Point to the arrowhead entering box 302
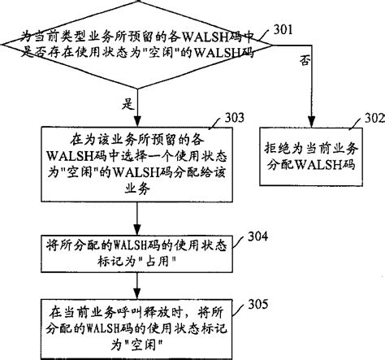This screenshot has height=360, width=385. [311, 123]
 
